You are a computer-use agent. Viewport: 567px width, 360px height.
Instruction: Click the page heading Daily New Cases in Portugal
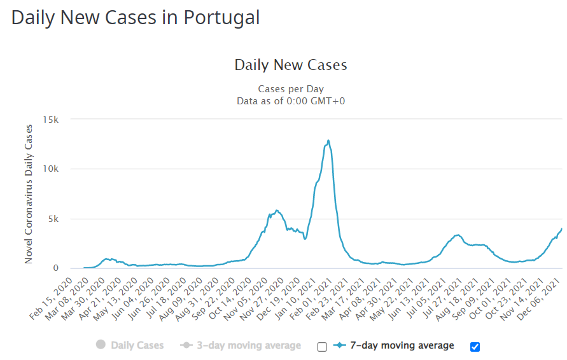pyautogui.click(x=136, y=17)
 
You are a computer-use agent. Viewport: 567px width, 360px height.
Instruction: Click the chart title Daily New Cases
pyautogui.click(x=290, y=65)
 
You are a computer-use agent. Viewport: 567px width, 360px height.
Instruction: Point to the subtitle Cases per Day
pyautogui.click(x=290, y=89)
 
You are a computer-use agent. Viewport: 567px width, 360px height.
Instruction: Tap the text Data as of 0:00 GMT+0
pyautogui.click(x=290, y=100)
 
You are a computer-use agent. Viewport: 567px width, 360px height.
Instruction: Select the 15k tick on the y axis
pyautogui.click(x=51, y=120)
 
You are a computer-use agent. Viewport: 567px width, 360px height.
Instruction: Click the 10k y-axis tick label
pyautogui.click(x=51, y=169)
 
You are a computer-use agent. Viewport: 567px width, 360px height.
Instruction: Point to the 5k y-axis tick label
pyautogui.click(x=53, y=219)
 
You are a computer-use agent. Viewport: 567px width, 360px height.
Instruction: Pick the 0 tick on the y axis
pyautogui.click(x=56, y=268)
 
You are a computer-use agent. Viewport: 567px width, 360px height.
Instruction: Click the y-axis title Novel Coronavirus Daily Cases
pyautogui.click(x=29, y=194)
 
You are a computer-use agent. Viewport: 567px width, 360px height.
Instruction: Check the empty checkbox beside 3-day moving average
pyautogui.click(x=322, y=347)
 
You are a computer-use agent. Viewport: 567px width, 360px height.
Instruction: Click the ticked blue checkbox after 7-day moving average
pyautogui.click(x=475, y=347)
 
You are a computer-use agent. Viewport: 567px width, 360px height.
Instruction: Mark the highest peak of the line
pyautogui.click(x=328, y=141)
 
